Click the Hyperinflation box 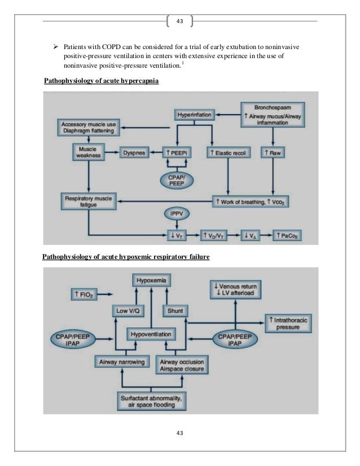[x=195, y=115]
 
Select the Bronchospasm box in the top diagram [x=273, y=114]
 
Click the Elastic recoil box [x=227, y=152]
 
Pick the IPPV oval [x=179, y=214]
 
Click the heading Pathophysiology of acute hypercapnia [x=102, y=82]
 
